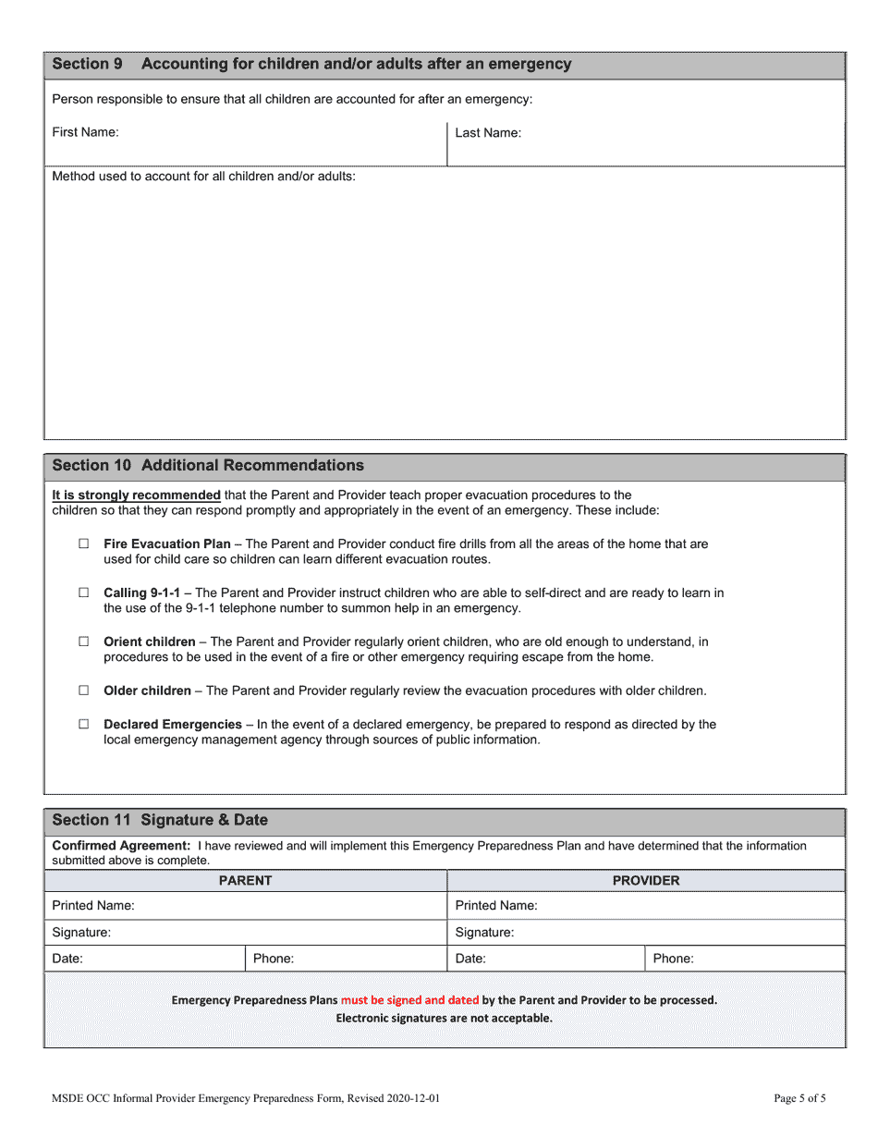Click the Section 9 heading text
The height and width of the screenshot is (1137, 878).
coord(311,64)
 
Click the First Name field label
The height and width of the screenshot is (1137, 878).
coord(85,132)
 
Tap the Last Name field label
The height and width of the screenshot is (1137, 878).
coord(488,133)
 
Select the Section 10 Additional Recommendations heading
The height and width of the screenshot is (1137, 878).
coord(208,465)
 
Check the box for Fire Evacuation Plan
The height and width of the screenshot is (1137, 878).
coord(84,544)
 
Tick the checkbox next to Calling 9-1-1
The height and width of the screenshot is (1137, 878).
coord(84,593)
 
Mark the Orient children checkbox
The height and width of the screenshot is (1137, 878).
coord(84,642)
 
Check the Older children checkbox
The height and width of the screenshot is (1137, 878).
coord(84,691)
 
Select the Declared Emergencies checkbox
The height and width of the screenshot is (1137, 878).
coord(84,725)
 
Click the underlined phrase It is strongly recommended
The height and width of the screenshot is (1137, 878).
coord(136,495)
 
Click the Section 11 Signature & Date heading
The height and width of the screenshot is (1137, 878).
coord(160,820)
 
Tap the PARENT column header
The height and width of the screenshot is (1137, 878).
coord(245,881)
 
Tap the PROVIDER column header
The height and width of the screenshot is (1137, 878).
coord(646,881)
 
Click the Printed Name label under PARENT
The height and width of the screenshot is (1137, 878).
coord(93,906)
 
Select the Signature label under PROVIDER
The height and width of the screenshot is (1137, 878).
coord(484,933)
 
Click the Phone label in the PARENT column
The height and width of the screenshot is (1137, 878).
coord(274,959)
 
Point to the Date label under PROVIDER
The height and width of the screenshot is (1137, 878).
coord(470,959)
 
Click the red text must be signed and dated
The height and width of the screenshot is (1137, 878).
coord(409,1000)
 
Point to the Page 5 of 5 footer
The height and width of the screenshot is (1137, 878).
coord(799,1099)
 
